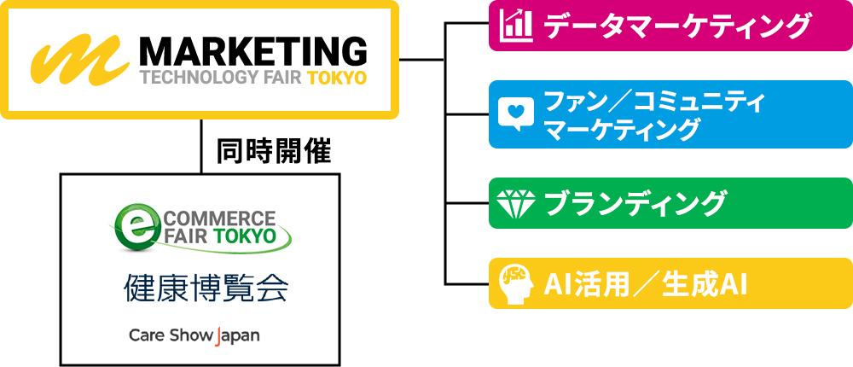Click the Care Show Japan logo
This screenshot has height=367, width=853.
click(194, 335)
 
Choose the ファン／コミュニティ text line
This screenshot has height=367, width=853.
click(653, 102)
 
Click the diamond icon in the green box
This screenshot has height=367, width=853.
click(515, 204)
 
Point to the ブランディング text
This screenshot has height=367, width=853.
click(635, 204)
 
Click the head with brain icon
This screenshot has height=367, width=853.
click(515, 283)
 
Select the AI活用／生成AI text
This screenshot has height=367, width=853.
click(645, 283)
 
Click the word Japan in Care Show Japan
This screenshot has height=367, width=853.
click(238, 335)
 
